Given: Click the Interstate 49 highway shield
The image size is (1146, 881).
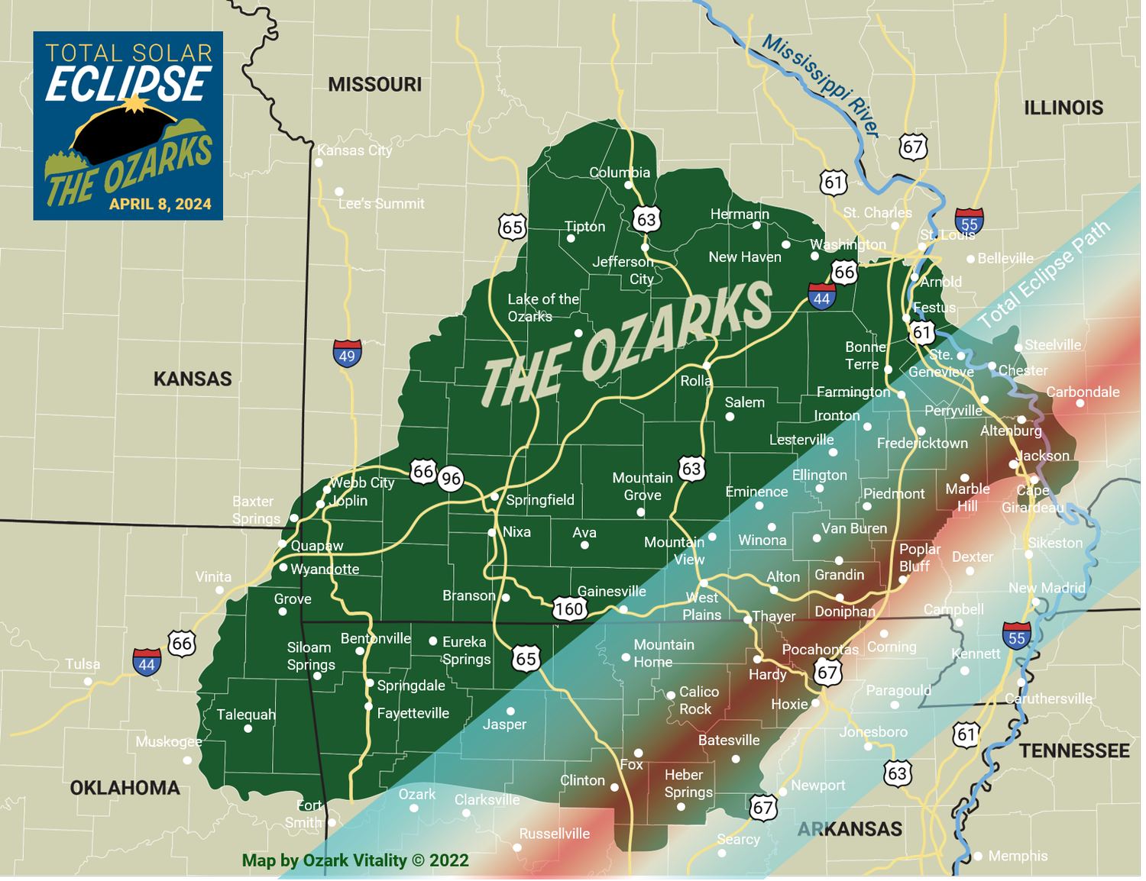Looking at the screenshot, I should (347, 354).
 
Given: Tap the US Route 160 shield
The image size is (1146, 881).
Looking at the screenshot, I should (569, 608).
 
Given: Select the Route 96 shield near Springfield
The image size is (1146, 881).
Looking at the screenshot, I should (451, 479).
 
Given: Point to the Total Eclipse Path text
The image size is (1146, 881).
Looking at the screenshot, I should (1044, 275).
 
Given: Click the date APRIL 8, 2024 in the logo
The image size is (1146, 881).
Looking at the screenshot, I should (160, 204).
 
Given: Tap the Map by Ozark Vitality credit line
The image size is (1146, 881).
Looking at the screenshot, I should (355, 860).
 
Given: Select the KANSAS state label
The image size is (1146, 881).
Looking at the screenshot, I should (193, 379).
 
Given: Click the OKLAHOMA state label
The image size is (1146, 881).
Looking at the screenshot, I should (125, 788).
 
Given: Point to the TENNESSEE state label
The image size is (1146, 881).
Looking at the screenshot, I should (1074, 751).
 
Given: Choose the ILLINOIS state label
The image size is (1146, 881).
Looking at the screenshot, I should (1063, 108).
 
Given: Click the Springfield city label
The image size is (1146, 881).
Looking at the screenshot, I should (540, 500).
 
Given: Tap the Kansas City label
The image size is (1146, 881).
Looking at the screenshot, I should (354, 150).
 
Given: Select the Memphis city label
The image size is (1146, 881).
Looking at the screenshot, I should (1018, 856).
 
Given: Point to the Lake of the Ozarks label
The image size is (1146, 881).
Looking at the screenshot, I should (543, 308).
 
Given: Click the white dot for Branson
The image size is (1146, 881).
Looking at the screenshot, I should (505, 597).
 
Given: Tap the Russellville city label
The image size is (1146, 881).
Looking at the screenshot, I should (555, 834).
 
